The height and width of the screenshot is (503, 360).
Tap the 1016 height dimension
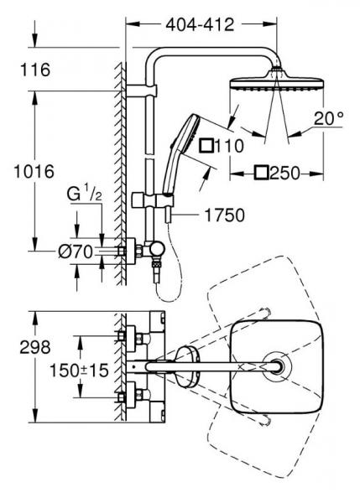[x=34, y=172]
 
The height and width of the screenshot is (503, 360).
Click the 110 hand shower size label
[x=222, y=146]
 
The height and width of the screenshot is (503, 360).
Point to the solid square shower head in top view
[x=274, y=367]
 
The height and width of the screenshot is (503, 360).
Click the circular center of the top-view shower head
[x=275, y=367]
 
